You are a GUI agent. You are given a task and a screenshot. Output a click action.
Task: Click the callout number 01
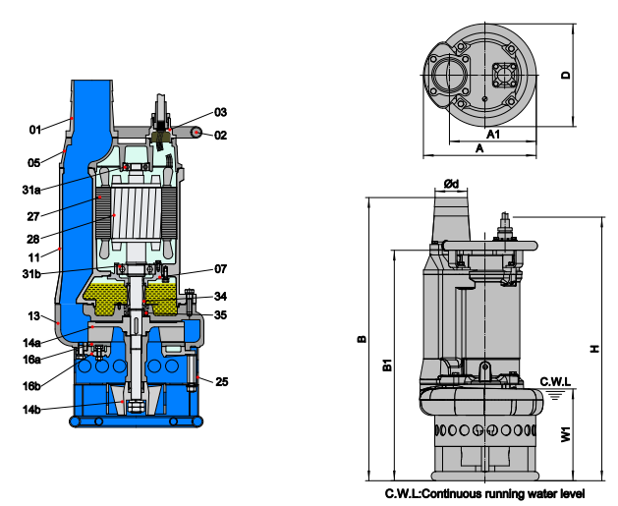coord(35,130)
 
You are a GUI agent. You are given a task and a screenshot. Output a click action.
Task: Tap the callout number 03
coord(221,112)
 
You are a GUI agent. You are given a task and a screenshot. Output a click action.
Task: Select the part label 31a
coord(31,190)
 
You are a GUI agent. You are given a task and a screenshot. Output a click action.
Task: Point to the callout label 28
coord(33,239)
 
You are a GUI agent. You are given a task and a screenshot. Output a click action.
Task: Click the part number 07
coord(221,269)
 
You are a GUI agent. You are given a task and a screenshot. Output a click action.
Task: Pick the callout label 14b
coord(31,410)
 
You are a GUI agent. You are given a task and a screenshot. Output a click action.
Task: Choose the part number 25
coord(221,381)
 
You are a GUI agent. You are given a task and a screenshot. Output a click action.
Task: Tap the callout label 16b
coord(31,386)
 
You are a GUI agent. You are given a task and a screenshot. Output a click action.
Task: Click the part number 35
coord(221,314)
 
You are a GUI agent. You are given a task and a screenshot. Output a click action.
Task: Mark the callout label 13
coord(33,316)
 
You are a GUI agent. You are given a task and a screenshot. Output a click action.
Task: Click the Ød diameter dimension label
coord(451,184)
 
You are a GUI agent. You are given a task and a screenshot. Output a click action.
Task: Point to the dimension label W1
coord(566,434)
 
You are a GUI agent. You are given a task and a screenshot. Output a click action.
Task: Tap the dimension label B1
coord(388,365)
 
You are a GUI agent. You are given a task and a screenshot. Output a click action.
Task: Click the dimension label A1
coord(492,135)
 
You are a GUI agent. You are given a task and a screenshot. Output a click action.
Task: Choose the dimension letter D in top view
coord(566,75)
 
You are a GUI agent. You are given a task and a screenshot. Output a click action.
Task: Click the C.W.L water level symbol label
coord(555,381)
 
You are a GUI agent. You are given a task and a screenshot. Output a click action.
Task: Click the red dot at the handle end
coord(197,133)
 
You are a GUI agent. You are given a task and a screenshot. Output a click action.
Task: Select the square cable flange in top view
coord(504,75)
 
